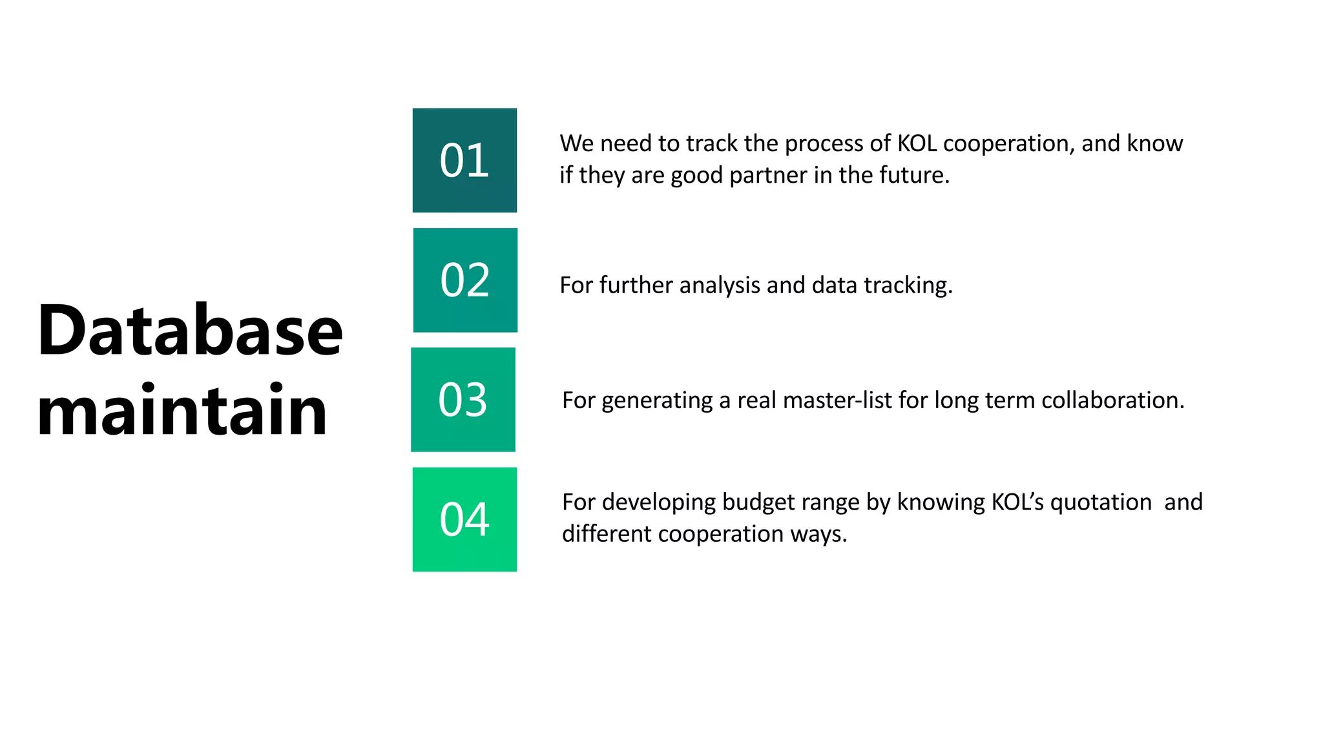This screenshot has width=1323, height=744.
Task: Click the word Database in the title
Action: click(x=190, y=331)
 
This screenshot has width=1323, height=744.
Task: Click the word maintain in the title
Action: click(x=182, y=411)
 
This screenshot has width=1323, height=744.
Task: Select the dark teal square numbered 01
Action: click(x=464, y=160)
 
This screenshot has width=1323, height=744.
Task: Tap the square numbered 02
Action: click(x=465, y=280)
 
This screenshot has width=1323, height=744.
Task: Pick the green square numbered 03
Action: click(x=463, y=400)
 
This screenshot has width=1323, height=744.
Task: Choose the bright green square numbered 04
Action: click(x=464, y=519)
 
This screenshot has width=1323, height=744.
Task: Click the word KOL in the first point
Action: click(x=917, y=143)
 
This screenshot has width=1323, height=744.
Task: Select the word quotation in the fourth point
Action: click(x=1101, y=502)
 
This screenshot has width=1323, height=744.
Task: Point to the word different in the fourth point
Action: click(x=607, y=534)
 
